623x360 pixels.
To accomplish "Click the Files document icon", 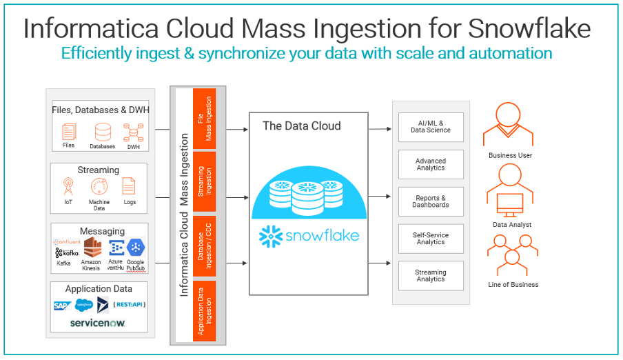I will pyautogui.click(x=69, y=131).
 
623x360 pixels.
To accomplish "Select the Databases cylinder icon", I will pyautogui.click(x=103, y=131).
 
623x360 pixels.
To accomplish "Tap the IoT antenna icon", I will pyautogui.click(x=68, y=187).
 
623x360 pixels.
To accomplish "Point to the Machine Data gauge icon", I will pyautogui.click(x=99, y=187).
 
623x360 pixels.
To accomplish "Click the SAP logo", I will pyautogui.click(x=63, y=305).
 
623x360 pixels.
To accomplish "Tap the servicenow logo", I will pyautogui.click(x=98, y=323).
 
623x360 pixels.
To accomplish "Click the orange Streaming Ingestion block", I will pyautogui.click(x=205, y=181).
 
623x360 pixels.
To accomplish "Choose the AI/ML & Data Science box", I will pyautogui.click(x=431, y=127).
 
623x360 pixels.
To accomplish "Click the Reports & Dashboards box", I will pyautogui.click(x=431, y=201).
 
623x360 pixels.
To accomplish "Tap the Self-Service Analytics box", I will pyautogui.click(x=431, y=239).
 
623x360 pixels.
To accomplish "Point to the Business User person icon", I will pyautogui.click(x=510, y=124).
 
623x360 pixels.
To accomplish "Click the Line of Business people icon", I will pyautogui.click(x=511, y=255).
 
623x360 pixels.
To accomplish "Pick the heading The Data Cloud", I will pyautogui.click(x=301, y=126).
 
